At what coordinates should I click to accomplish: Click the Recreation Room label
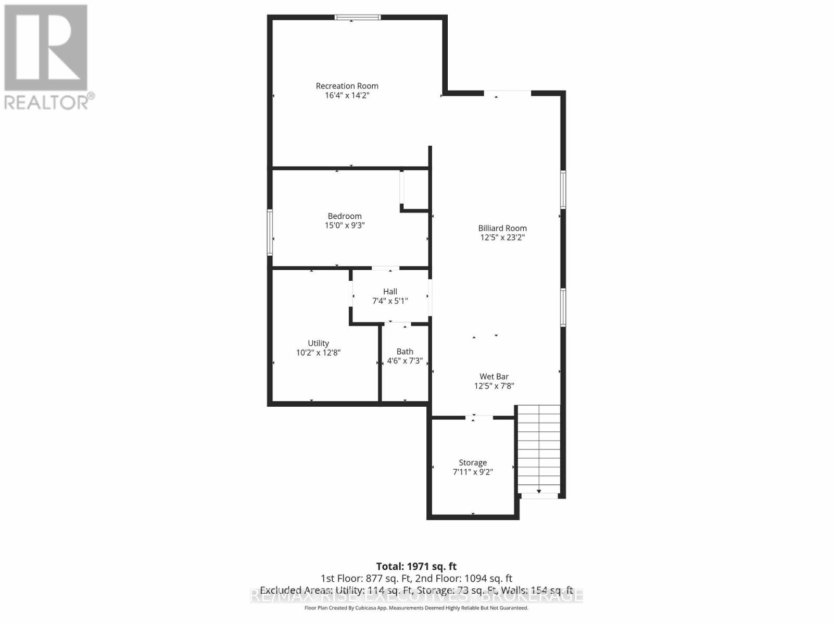[347, 86]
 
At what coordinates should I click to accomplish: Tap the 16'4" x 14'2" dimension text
[347, 95]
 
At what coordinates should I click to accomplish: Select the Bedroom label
[344, 216]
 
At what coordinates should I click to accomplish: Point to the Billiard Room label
[502, 228]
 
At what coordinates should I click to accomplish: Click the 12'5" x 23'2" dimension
[502, 238]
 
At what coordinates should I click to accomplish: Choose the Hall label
[390, 292]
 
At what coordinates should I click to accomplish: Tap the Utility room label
[318, 343]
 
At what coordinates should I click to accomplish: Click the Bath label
[405, 352]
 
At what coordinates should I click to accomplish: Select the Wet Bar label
[494, 377]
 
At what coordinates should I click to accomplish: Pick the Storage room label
[473, 463]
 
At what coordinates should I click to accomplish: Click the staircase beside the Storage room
[539, 448]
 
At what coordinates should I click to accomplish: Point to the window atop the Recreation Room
[357, 17]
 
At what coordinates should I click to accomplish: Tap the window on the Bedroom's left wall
[270, 232]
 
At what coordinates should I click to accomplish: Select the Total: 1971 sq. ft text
[416, 566]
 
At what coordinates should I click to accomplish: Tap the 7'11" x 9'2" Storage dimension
[473, 472]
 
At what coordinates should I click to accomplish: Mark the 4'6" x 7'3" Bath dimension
[405, 361]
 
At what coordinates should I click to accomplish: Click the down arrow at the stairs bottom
[539, 491]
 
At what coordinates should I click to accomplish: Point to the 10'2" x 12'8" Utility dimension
[318, 353]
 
